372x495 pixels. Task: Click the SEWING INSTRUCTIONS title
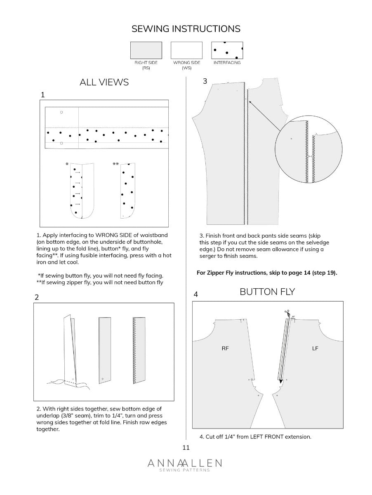coord(186,29)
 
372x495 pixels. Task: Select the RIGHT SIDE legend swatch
coord(146,50)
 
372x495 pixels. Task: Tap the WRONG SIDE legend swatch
coord(186,50)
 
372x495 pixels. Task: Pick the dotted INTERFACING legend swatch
coord(227,50)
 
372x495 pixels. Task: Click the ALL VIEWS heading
coord(104,82)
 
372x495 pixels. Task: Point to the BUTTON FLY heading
coord(267,292)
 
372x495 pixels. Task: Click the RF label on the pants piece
coord(225,349)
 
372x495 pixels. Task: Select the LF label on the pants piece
coord(315,349)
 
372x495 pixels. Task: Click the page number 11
coord(186,448)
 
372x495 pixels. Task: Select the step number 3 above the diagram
coord(205,81)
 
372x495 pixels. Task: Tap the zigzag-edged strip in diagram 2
coord(139,350)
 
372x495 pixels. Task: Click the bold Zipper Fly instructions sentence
coord(268,273)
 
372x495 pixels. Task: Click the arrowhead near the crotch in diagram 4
coord(281,382)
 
